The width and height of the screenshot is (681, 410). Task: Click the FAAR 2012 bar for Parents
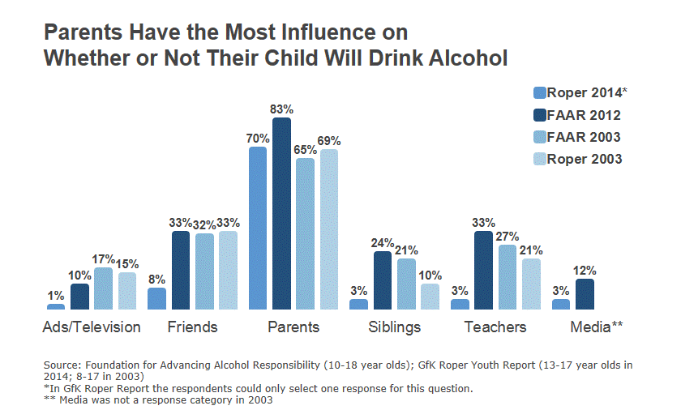(x=281, y=214)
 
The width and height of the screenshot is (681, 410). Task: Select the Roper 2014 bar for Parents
(x=258, y=228)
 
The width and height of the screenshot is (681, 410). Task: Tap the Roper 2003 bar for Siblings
(x=430, y=297)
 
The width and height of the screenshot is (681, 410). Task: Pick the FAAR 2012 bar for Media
(x=585, y=294)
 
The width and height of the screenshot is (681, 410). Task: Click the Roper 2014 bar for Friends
(x=156, y=298)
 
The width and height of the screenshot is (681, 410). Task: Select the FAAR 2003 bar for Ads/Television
(x=103, y=288)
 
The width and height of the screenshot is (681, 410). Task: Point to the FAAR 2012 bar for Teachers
(x=483, y=271)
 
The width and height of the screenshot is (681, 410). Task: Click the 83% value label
(x=282, y=109)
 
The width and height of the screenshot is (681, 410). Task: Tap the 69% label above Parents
(x=329, y=140)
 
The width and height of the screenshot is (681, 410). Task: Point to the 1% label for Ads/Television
(x=56, y=295)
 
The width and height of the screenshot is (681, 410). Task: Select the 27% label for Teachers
(x=508, y=236)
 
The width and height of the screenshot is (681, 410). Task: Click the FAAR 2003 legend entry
(x=584, y=137)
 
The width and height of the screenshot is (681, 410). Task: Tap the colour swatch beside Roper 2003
(x=539, y=159)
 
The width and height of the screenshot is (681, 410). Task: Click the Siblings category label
(x=394, y=327)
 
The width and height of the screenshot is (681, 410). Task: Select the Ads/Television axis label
(x=92, y=327)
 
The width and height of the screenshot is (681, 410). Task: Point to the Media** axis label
(x=596, y=327)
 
